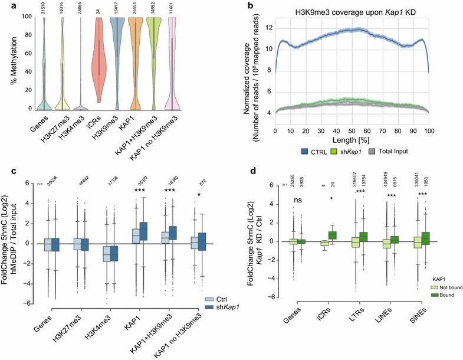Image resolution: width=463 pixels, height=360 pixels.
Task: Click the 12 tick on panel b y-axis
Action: click(269, 28)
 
